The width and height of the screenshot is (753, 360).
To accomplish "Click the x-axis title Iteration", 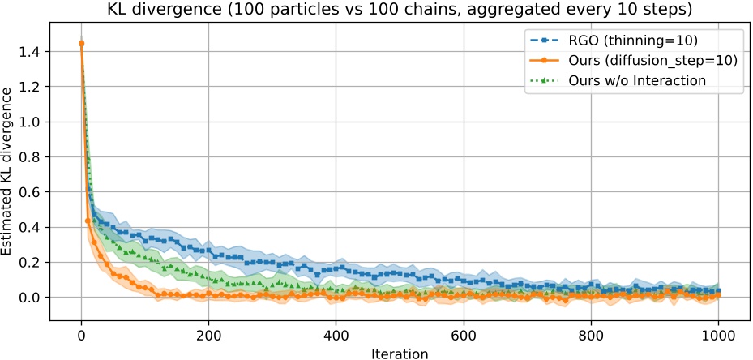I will [x=399, y=354].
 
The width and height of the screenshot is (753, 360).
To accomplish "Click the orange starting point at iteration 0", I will [x=81, y=43].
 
